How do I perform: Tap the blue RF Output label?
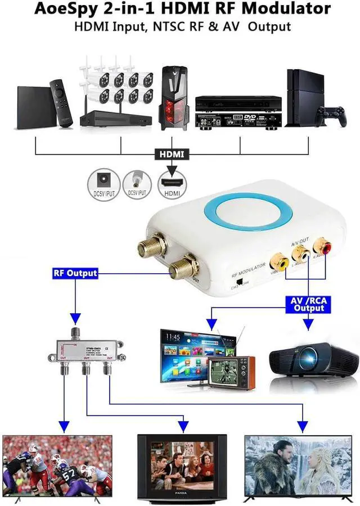[75, 273]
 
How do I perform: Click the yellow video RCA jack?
[278, 261]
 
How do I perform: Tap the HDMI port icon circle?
[172, 183]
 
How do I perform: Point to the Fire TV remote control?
[61, 103]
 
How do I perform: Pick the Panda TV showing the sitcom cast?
[182, 466]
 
